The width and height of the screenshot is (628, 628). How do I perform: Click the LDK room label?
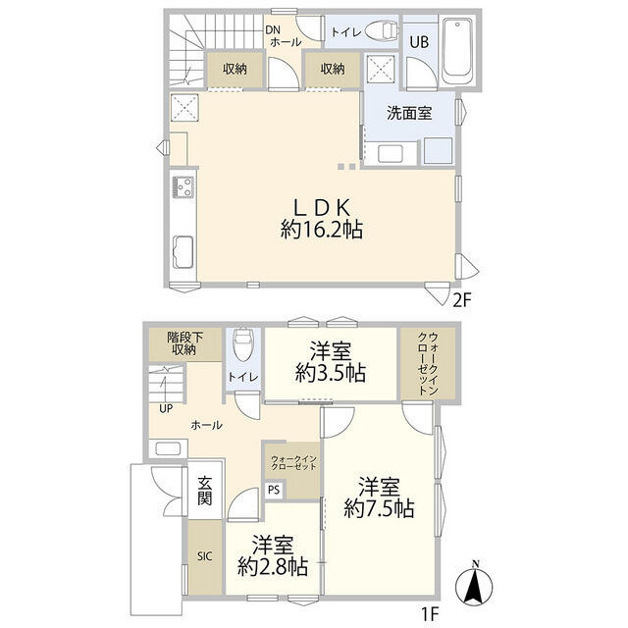pos(322,207)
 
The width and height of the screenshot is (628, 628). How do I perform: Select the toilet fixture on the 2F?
pos(381,31)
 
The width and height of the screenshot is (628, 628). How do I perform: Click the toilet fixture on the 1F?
pos(242,344)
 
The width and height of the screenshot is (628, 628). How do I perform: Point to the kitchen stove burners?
pos(183,187)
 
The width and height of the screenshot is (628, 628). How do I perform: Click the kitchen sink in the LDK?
pos(183,252)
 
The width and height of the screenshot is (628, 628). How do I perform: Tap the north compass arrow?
pos(475,585)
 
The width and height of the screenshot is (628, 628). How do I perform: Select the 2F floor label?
pos(461,299)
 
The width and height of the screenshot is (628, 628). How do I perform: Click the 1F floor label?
pos(430,614)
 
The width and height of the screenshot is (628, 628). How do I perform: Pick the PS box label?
pos(274,490)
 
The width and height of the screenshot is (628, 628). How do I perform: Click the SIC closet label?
pos(204,556)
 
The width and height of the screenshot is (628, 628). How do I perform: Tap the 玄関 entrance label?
pos(204,492)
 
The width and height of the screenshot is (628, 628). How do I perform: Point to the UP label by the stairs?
pos(166,409)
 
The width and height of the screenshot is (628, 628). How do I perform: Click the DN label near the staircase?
pos(274,30)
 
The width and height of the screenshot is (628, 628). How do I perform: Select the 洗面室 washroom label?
pos(409,114)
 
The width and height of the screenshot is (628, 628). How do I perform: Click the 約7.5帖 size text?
pos(379,509)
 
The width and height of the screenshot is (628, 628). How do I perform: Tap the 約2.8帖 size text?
pos(273,567)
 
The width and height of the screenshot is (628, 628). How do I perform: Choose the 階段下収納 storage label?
pos(184,343)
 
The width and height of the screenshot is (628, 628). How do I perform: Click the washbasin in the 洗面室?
pos(391,153)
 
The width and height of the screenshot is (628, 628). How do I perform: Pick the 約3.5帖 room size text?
pos(331,373)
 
